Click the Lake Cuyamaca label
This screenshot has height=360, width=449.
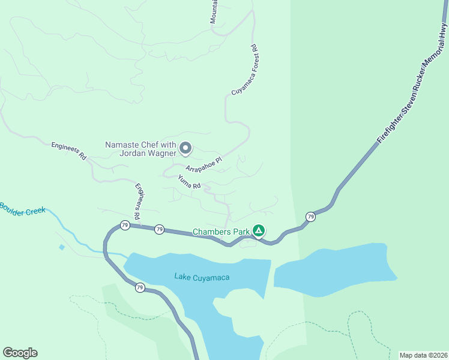(x=202, y=277)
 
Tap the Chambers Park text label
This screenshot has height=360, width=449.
(x=220, y=232)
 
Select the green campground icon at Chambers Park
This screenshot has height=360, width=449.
(x=259, y=230)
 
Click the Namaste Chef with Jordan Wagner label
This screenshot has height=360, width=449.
(x=140, y=148)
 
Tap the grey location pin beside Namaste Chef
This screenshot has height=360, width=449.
(x=186, y=147)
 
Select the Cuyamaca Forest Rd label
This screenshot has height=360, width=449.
(x=244, y=70)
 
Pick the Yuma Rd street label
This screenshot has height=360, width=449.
(x=189, y=182)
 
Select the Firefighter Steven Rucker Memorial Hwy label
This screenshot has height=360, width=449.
(x=412, y=83)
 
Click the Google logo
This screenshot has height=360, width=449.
(x=20, y=353)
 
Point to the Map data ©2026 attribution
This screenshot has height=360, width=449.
(x=423, y=355)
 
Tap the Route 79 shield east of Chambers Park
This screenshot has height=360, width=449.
(x=310, y=217)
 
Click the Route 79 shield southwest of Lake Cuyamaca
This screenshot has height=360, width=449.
(x=139, y=287)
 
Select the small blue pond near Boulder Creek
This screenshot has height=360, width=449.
(x=62, y=247)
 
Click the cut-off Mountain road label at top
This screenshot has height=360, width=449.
(x=214, y=12)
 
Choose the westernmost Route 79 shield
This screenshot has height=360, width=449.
(x=124, y=226)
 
